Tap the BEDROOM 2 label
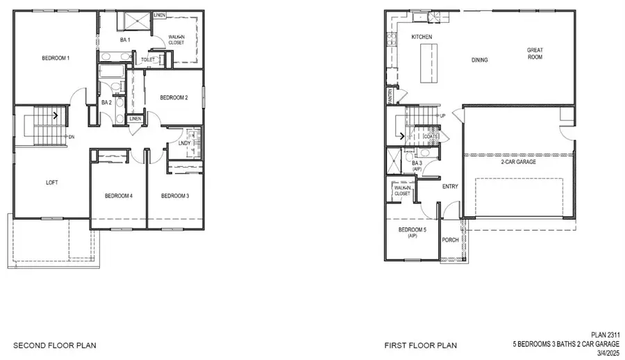(170, 98)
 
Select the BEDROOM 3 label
(175, 196)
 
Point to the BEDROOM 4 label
(118, 196)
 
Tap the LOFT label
(51, 183)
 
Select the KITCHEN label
(422, 37)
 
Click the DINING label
(479, 60)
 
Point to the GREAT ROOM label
(534, 53)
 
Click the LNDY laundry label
(185, 144)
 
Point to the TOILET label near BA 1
(148, 60)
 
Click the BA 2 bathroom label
(106, 102)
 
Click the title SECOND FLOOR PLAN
(56, 345)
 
